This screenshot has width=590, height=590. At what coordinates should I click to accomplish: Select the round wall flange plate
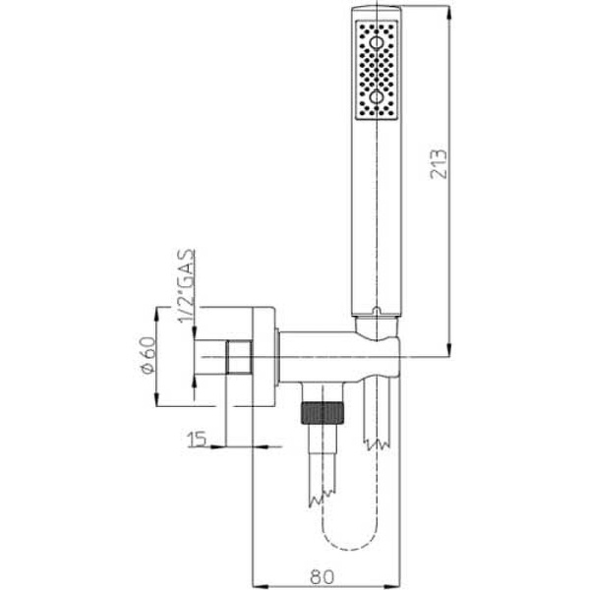(x=265, y=355)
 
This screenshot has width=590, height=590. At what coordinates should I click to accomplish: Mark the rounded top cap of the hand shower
(x=377, y=12)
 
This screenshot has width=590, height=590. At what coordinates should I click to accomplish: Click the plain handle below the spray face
(x=377, y=216)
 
